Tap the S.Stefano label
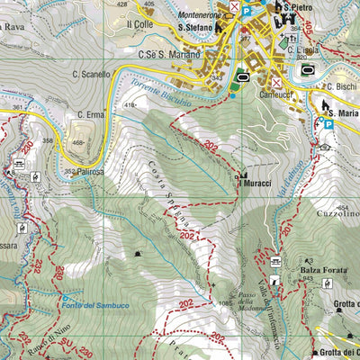(194, 28)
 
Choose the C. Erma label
(92, 114)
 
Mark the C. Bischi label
(343, 87)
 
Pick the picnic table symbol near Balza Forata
(276, 261)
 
